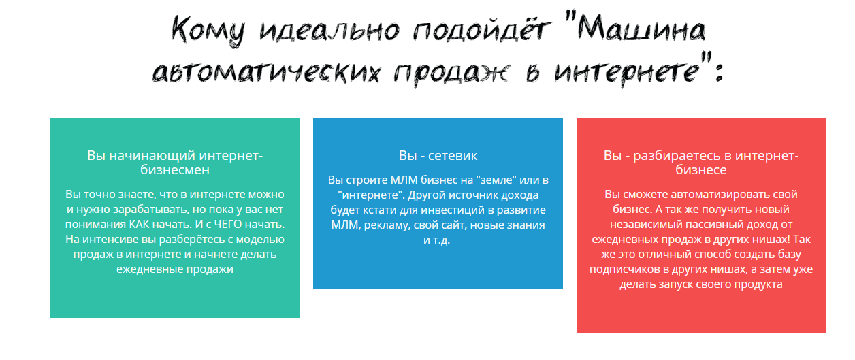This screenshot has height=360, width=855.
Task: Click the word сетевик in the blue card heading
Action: [453, 156]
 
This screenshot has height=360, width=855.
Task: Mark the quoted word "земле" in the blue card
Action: [493, 180]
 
